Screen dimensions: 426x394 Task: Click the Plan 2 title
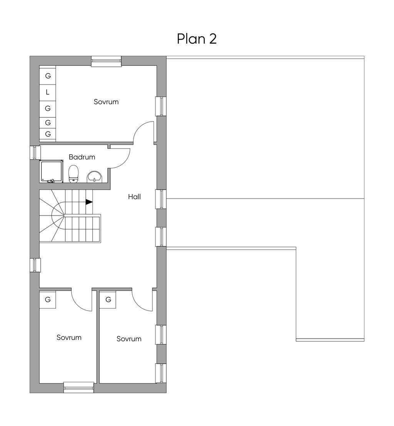(197, 39)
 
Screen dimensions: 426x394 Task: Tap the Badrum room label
(82, 157)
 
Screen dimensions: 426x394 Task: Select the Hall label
(134, 197)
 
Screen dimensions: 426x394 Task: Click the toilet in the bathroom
(73, 174)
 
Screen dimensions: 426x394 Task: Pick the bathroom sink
(94, 177)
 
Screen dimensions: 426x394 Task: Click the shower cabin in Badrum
(52, 171)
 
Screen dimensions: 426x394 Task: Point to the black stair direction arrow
(89, 202)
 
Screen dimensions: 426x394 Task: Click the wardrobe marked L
(48, 92)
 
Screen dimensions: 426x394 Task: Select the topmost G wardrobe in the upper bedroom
(48, 76)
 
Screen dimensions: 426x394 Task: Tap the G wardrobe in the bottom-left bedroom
(48, 299)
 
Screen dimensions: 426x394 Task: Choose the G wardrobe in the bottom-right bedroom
(108, 299)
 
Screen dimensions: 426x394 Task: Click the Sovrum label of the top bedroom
(106, 102)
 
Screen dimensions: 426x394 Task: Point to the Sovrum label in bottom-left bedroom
(69, 337)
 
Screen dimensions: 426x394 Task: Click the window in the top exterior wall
(106, 61)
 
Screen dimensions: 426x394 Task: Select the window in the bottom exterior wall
(79, 388)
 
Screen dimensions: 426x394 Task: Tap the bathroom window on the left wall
(35, 152)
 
